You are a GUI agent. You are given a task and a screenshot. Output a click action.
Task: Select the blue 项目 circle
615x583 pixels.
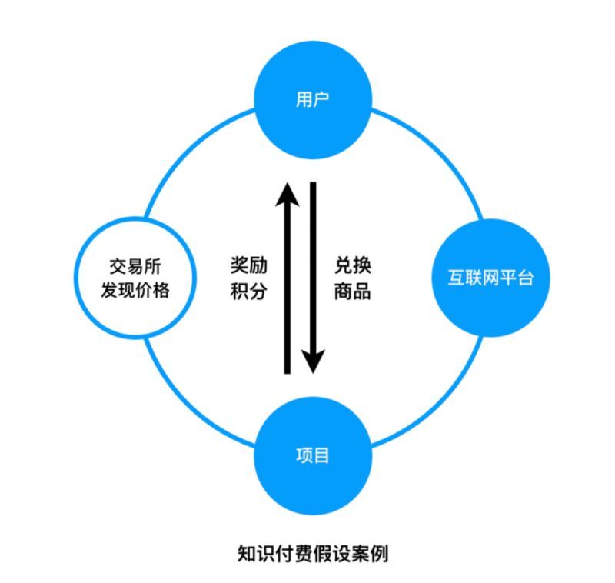click(x=312, y=455)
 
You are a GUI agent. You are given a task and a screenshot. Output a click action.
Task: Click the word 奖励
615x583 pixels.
click(x=248, y=264)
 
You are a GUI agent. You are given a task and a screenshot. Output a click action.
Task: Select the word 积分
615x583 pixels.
click(x=248, y=291)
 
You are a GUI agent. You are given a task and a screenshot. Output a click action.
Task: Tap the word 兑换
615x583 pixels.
click(x=353, y=264)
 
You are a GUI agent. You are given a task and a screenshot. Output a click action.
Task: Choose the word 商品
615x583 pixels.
click(x=353, y=291)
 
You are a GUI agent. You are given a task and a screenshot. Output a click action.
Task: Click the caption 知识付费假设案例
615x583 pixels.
click(x=313, y=553)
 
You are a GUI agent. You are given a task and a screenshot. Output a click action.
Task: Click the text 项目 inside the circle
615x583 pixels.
click(x=312, y=455)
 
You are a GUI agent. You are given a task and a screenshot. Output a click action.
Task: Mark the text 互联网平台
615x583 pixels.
click(x=490, y=278)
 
